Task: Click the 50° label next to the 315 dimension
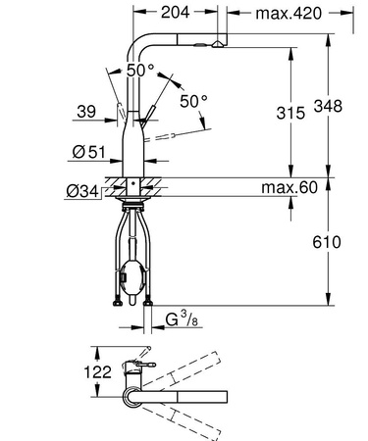coord(193,103)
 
